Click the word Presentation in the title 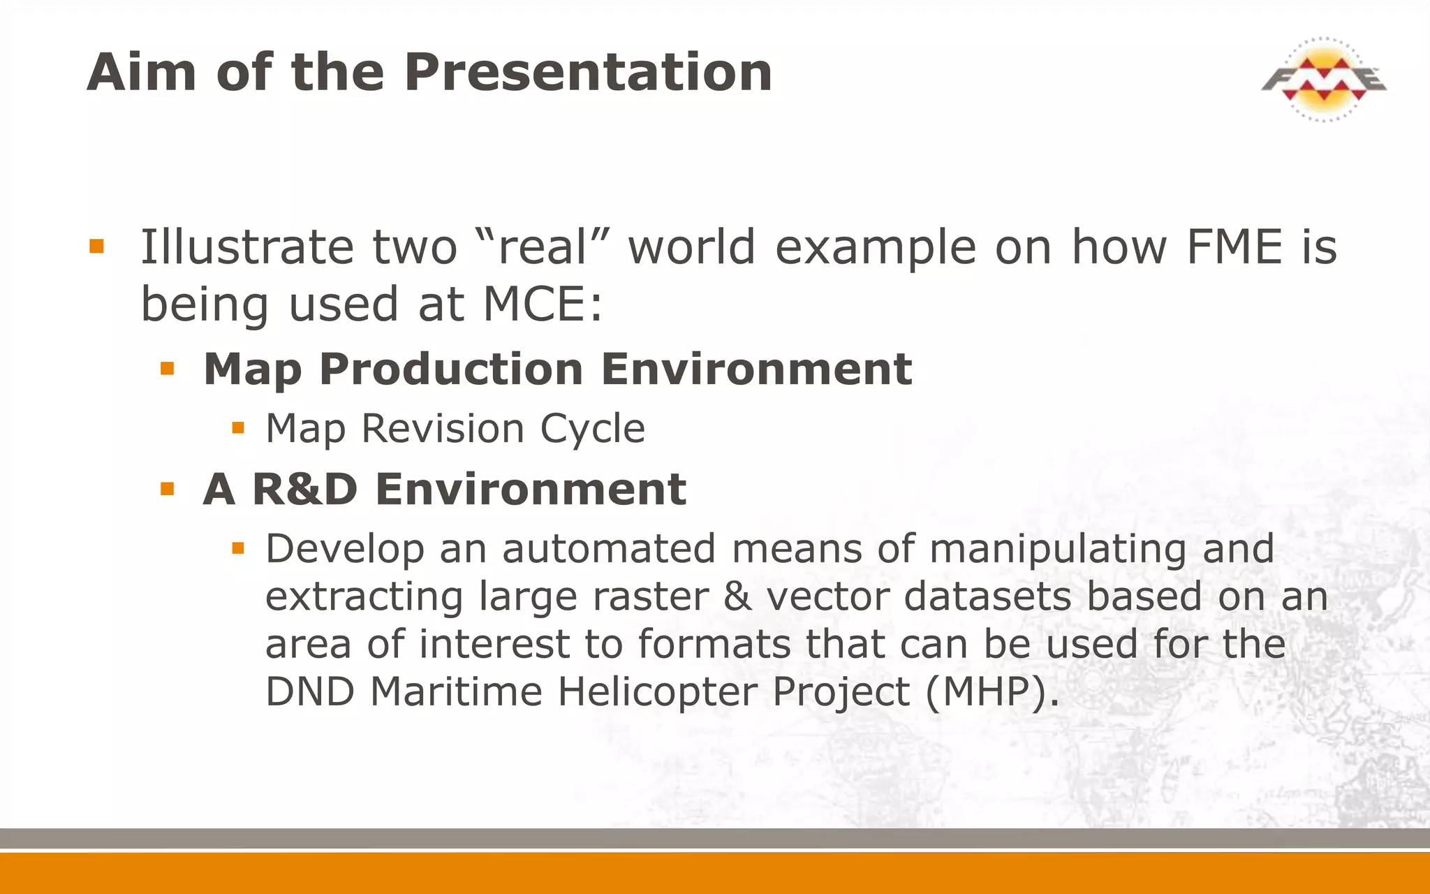click(588, 72)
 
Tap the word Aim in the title click(142, 72)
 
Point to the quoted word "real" click(542, 247)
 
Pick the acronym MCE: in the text click(543, 305)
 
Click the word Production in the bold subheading click(451, 369)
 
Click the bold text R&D click(304, 489)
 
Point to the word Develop click(344, 549)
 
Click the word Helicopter click(656, 692)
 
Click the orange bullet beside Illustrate click(96, 246)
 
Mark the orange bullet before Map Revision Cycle click(238, 427)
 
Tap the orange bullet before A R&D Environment click(167, 488)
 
